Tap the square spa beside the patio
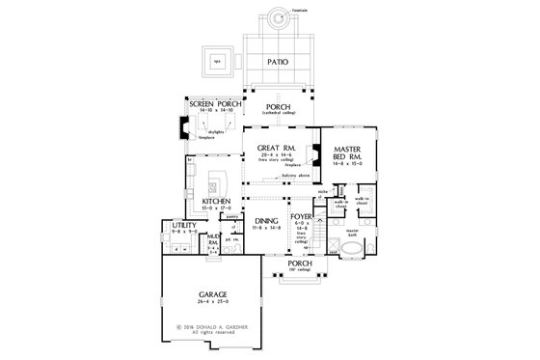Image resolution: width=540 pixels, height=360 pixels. point(217,60)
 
